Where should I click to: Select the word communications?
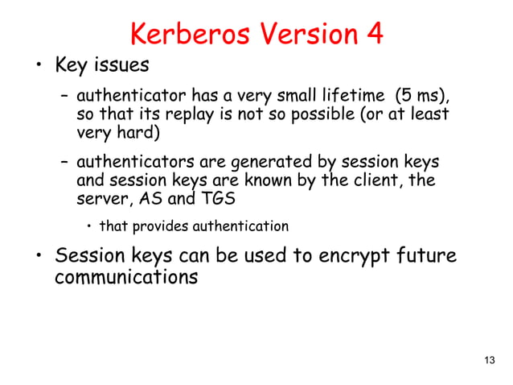pyautogui.click(x=125, y=279)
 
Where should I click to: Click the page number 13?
pyautogui.click(x=490, y=359)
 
